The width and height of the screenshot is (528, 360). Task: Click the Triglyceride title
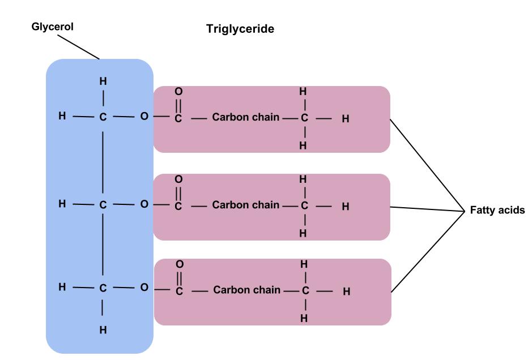coord(240,29)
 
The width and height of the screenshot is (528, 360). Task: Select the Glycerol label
coord(53,27)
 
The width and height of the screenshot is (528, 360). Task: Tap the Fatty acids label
coord(497,210)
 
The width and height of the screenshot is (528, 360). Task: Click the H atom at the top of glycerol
coord(103,81)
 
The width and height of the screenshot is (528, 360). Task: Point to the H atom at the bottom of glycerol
coord(103,329)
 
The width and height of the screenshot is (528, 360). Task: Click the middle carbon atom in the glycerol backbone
coord(103,204)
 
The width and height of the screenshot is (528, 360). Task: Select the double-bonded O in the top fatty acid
coord(178,91)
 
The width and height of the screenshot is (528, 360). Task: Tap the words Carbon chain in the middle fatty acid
coord(246,204)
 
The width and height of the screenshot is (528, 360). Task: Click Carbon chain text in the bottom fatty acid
coord(247,290)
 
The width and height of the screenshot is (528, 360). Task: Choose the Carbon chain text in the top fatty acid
coord(246,118)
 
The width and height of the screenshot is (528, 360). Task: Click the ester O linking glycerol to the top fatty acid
coord(144,117)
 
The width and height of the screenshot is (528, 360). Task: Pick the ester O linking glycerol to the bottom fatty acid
coord(144,288)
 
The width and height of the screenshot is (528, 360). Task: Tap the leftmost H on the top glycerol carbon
coord(62,117)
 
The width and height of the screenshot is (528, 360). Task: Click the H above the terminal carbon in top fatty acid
coord(303,91)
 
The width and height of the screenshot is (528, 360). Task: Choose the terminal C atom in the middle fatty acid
coord(304,205)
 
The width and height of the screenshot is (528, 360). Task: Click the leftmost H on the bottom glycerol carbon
coord(62,288)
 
